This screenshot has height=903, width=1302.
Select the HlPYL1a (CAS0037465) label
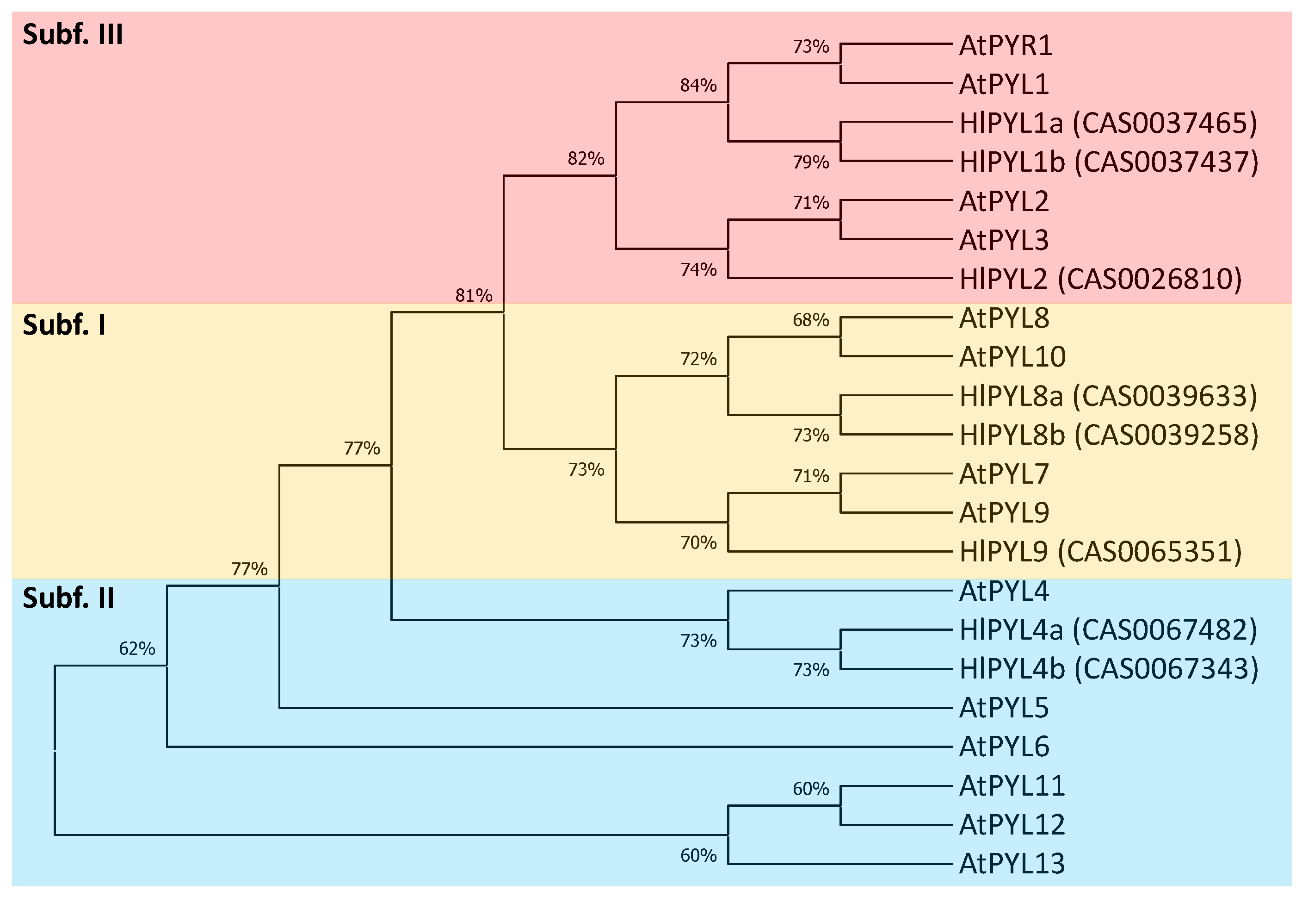coord(1108,123)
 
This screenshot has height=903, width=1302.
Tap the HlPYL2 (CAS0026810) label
coord(1100,279)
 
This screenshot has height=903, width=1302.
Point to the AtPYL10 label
coord(1012,357)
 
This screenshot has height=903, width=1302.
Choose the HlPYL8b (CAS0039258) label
coord(1109,435)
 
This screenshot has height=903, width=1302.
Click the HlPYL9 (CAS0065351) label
coord(1100,552)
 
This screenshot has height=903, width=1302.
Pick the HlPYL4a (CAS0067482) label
coord(1108,630)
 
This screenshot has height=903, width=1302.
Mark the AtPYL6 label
coord(1004,747)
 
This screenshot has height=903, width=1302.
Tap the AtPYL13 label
coord(1012,864)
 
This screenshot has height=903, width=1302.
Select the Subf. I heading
coord(64,325)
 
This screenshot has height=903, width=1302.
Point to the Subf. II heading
coord(68,598)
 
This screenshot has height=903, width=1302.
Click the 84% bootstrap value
coord(698,86)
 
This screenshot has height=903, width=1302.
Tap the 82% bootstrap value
coord(586,158)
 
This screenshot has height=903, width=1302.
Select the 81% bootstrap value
coord(474,295)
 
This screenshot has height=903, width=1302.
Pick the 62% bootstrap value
coord(137,648)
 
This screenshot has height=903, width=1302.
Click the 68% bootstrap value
coord(811,320)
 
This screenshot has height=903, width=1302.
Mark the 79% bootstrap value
coord(811,162)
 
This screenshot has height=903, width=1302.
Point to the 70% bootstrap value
coord(698,543)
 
